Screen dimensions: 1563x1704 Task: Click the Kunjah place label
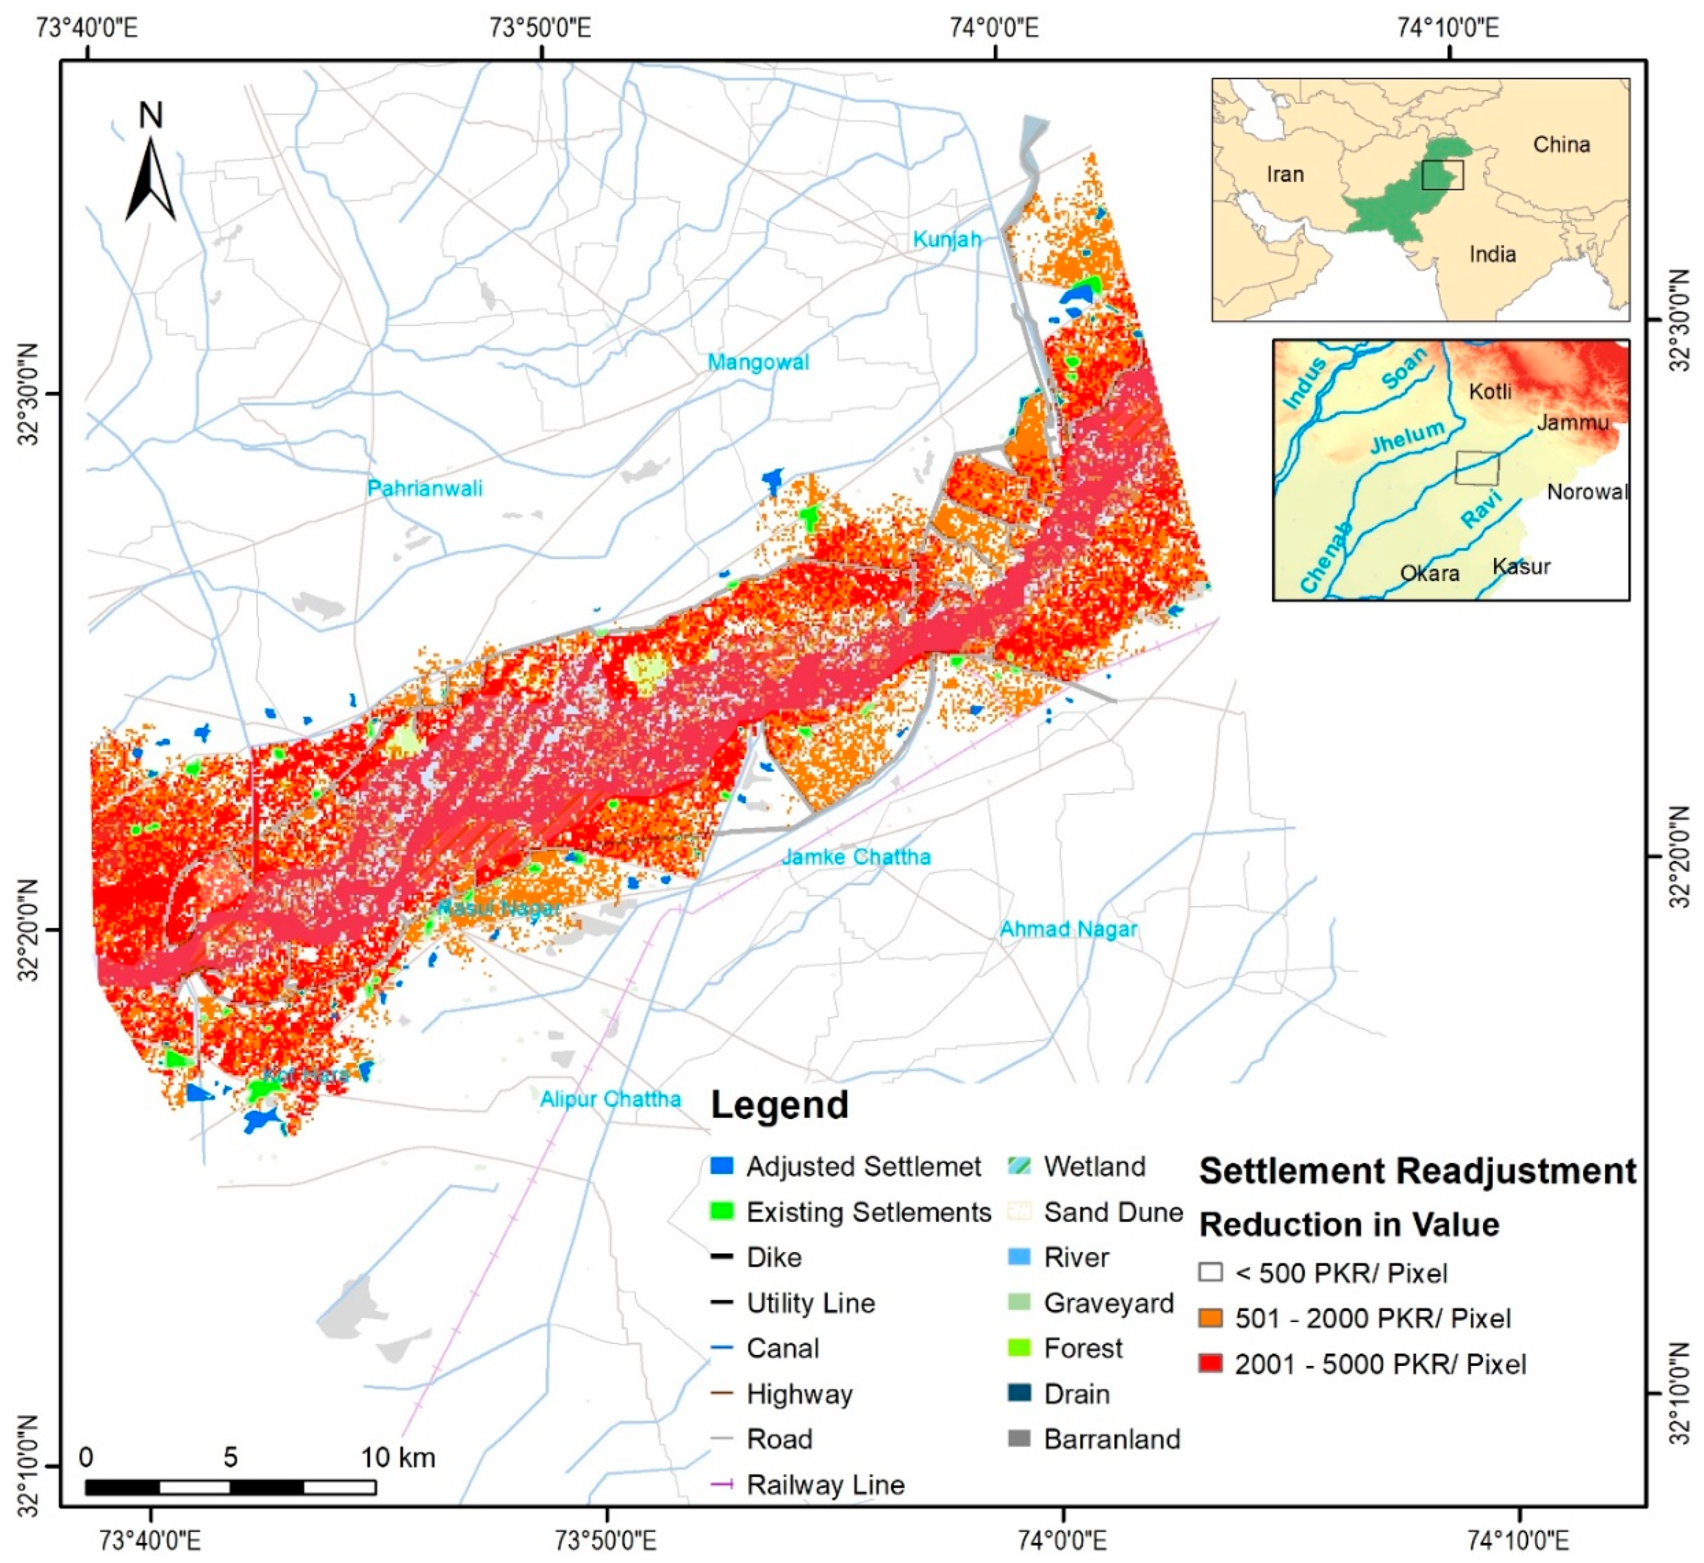(946, 239)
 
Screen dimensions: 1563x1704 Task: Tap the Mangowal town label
(758, 362)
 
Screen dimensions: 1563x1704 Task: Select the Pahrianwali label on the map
(425, 488)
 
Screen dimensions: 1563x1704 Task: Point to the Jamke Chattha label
(856, 857)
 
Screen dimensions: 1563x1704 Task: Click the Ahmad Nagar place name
(1068, 928)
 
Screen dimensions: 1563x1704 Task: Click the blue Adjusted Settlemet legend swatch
(722, 1166)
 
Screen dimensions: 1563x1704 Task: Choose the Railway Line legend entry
(824, 1485)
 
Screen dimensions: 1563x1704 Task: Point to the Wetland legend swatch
(1020, 1166)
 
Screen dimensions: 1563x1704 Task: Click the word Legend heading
(779, 1105)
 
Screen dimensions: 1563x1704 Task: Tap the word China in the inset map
(1561, 145)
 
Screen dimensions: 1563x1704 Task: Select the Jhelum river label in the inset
(1407, 437)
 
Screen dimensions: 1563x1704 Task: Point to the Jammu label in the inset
(1572, 422)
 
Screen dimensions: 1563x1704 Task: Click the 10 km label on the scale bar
(397, 1457)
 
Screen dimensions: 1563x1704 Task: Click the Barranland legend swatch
(1020, 1439)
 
